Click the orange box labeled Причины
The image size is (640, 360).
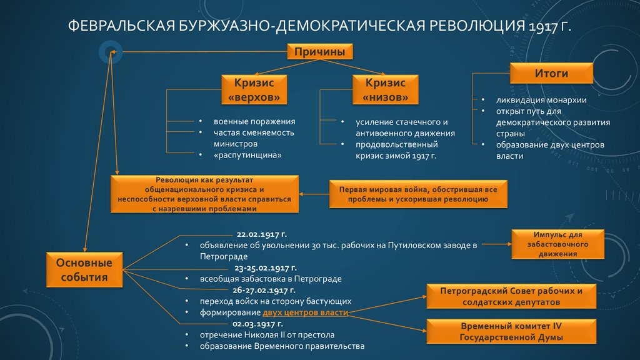click(319, 52)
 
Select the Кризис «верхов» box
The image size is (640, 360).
click(254, 90)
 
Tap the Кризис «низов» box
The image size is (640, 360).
click(385, 90)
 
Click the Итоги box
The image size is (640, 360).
click(551, 74)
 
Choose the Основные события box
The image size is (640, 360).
click(85, 270)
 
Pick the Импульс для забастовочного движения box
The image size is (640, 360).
click(557, 244)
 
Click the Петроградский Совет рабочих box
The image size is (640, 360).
click(511, 296)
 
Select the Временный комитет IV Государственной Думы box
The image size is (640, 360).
click(511, 332)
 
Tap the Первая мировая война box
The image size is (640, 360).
click(418, 194)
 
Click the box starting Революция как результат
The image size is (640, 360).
click(204, 194)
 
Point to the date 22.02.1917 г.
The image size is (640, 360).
click(257, 233)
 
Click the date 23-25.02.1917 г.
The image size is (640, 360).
click(257, 267)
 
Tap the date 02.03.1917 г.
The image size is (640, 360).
click(257, 324)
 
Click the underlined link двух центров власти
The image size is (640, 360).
click(305, 312)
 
